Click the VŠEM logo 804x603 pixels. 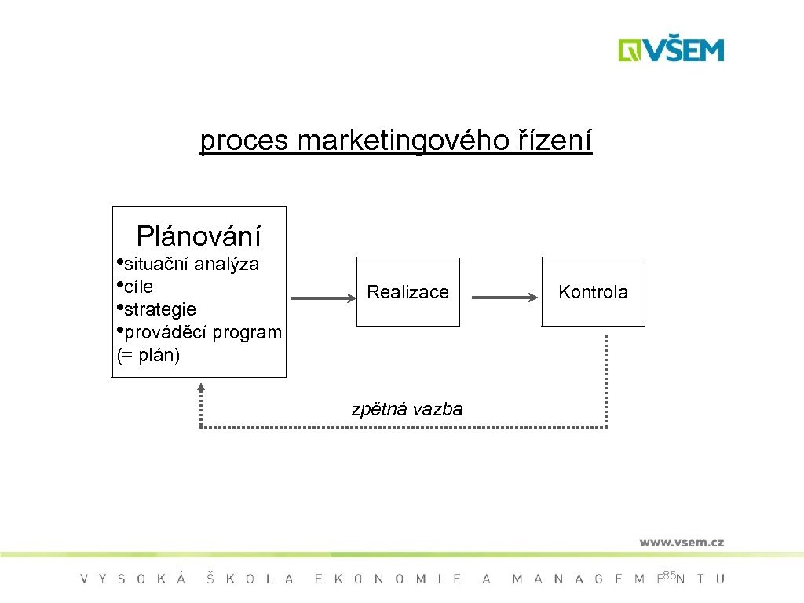(671, 50)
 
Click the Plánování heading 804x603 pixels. (199, 236)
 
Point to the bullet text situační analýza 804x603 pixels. (192, 264)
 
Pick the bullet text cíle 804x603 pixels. (138, 287)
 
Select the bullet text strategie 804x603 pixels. (160, 309)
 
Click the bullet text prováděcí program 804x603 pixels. (203, 332)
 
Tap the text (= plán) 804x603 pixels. (148, 355)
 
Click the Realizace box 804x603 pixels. (407, 292)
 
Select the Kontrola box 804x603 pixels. (593, 292)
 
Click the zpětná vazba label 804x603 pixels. (407, 409)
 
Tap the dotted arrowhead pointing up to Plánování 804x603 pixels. (201, 386)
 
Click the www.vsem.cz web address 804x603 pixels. (682, 543)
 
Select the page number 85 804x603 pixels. (669, 576)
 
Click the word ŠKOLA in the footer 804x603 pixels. (250, 579)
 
